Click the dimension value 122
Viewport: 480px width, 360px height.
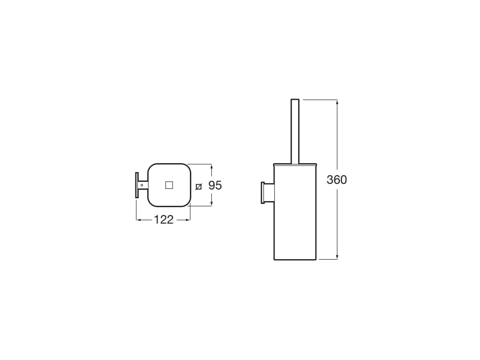click(164, 219)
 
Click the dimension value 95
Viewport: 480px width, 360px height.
click(215, 186)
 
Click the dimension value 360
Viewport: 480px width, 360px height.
click(337, 180)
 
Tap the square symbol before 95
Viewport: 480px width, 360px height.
click(199, 187)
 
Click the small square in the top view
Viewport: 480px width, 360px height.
click(169, 185)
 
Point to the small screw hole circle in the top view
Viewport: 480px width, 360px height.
click(140, 185)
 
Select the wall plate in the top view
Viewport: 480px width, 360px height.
click(137, 185)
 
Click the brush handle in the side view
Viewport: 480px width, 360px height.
click(295, 131)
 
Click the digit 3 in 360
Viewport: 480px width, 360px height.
click(330, 180)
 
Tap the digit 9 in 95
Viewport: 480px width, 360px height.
click(211, 186)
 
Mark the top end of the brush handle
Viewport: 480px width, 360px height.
click(295, 100)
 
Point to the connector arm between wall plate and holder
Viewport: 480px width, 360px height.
click(143, 185)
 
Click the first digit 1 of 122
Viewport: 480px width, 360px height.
click(157, 219)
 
